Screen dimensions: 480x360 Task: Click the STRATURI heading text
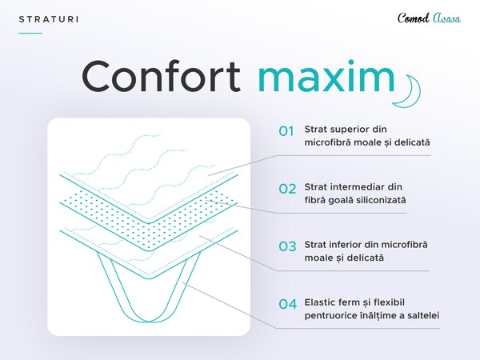[x=48, y=19]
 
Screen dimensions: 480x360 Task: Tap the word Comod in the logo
[x=414, y=18]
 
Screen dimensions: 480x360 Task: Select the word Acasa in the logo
[x=446, y=18]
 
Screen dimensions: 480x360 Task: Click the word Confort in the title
[x=161, y=77]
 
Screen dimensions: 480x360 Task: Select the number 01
[x=286, y=131]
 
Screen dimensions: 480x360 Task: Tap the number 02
[x=287, y=189]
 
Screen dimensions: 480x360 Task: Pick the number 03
[x=287, y=246]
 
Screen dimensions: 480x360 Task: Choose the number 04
[x=287, y=304]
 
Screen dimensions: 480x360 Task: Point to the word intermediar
[x=358, y=187]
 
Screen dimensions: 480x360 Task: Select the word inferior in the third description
[x=346, y=245]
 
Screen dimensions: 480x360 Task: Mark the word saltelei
[x=423, y=315]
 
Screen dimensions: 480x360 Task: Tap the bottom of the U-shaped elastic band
[x=149, y=321]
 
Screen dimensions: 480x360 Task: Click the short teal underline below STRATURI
[x=30, y=33]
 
